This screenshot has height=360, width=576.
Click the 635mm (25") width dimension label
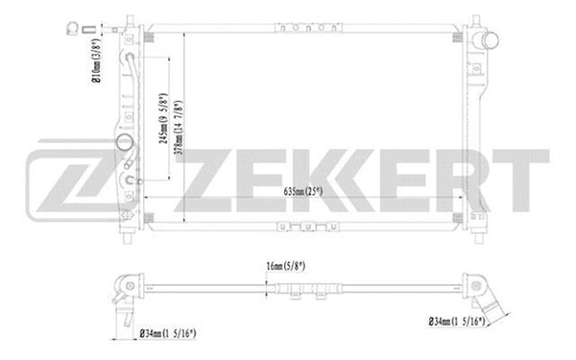coord(309,192)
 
